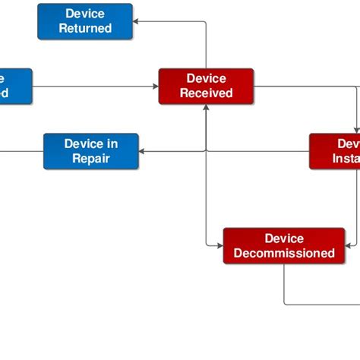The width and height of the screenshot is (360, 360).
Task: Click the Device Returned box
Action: click(x=85, y=21)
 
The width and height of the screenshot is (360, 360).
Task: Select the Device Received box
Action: click(x=206, y=86)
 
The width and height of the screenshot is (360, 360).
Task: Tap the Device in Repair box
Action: click(x=91, y=151)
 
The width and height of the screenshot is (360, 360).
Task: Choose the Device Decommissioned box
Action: click(x=284, y=246)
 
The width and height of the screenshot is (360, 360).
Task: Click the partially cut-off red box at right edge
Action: click(x=335, y=151)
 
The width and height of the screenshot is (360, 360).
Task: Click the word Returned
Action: click(x=85, y=29)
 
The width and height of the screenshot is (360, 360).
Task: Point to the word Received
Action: click(x=206, y=93)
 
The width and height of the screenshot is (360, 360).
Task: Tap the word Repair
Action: click(x=91, y=159)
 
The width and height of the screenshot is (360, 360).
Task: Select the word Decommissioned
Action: click(x=284, y=254)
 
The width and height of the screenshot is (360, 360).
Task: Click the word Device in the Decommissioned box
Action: click(x=284, y=238)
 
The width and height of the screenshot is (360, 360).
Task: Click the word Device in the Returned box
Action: click(x=85, y=14)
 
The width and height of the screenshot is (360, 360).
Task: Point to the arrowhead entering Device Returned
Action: click(x=137, y=21)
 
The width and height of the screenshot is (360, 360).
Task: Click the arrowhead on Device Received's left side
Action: click(x=155, y=86)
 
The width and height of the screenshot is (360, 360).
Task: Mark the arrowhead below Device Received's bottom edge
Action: click(x=206, y=108)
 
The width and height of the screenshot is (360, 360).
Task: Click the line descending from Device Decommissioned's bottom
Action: click(x=284, y=285)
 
